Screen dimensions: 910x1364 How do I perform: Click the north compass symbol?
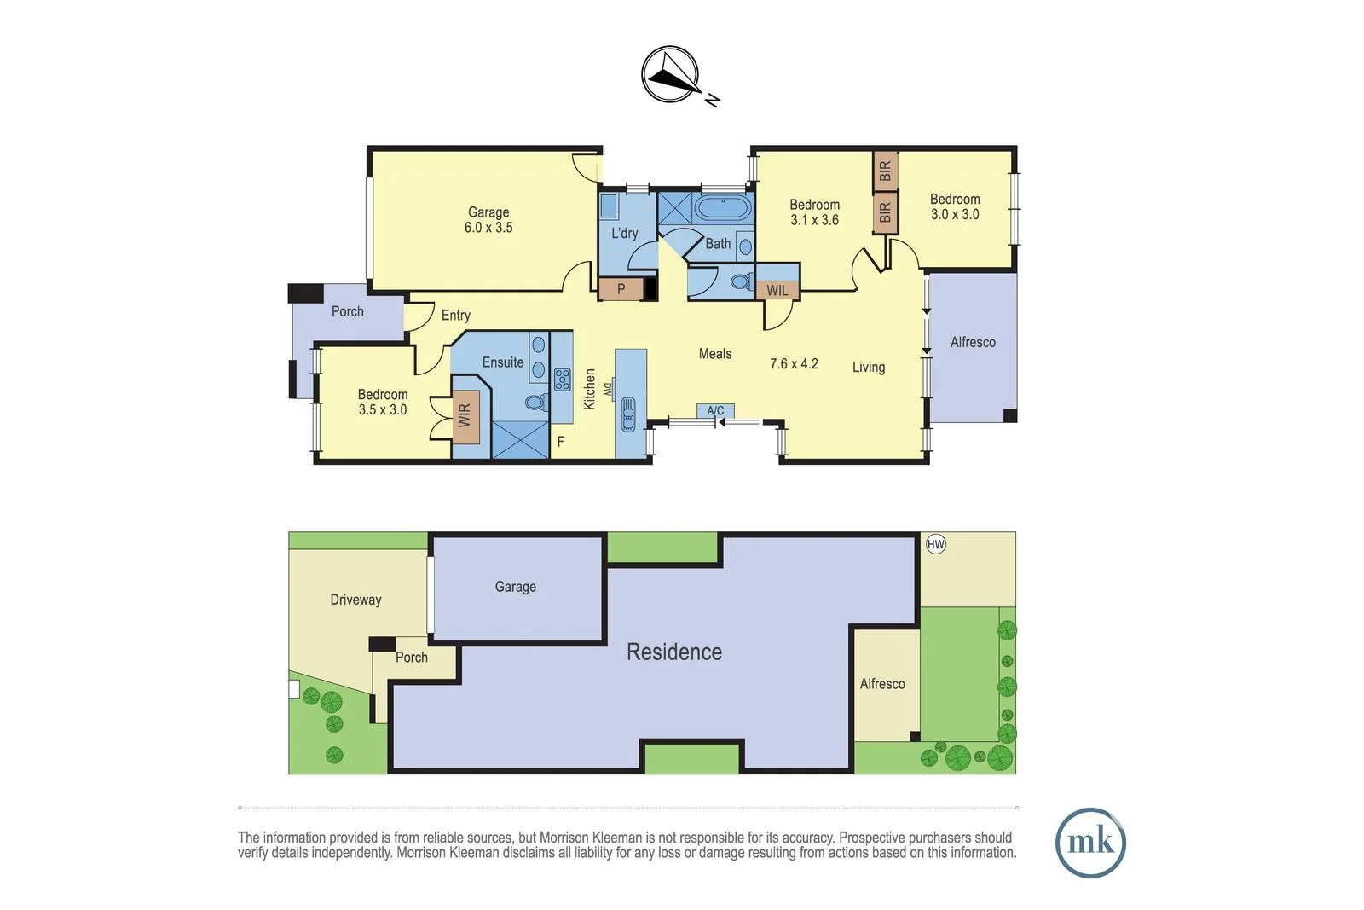(671, 75)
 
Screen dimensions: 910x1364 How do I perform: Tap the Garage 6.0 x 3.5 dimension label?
(488, 228)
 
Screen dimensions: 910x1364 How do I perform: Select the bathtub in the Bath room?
(723, 209)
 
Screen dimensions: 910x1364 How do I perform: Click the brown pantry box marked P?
(621, 289)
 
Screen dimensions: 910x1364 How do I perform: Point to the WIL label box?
(777, 290)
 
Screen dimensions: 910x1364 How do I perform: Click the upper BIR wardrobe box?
(885, 171)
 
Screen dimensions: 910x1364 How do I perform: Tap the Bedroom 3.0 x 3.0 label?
(955, 206)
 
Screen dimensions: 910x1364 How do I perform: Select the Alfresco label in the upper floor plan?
(973, 342)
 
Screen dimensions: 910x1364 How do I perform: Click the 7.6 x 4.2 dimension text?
(794, 363)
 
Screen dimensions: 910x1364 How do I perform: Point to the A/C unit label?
(715, 410)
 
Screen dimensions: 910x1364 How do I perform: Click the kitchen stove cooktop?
(563, 379)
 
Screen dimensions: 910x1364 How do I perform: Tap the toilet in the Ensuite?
(535, 402)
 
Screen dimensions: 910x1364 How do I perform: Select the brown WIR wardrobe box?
(465, 416)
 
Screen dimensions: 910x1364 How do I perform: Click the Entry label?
(456, 316)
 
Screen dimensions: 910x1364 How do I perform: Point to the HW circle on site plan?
(935, 544)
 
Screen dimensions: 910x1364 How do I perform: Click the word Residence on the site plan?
(673, 652)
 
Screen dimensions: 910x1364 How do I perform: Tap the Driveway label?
(355, 600)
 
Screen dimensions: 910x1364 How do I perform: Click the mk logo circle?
(1090, 843)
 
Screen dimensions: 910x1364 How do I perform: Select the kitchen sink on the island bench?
(628, 415)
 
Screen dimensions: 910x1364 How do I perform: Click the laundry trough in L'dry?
(609, 207)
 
